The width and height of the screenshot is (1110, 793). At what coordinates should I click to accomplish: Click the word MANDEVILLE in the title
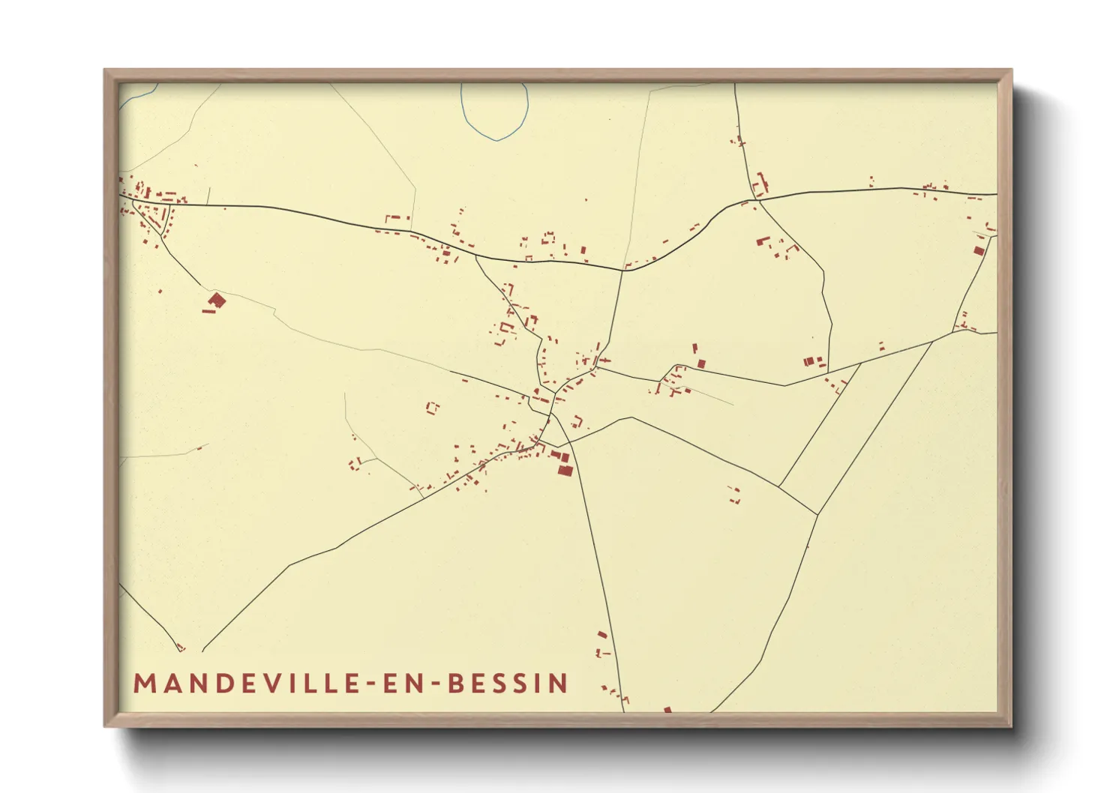point(248,684)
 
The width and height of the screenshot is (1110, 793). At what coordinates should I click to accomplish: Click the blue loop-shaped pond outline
point(494,112)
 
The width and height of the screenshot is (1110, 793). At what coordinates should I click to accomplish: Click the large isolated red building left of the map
point(216,301)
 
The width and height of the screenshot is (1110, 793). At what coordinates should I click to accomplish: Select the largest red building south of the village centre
point(565,470)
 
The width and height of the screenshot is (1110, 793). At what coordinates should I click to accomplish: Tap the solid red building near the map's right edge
point(978,251)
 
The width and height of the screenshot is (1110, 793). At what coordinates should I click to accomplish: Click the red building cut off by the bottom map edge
point(667,709)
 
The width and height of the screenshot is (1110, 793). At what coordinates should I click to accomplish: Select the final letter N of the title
point(559,684)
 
